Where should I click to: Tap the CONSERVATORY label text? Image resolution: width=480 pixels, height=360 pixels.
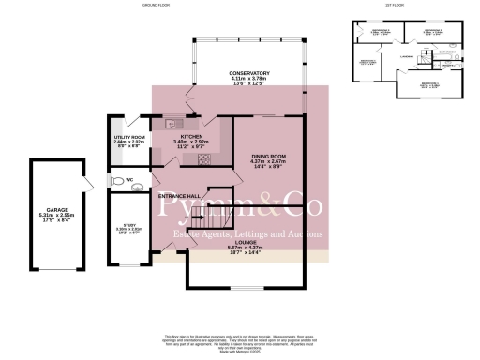click(249, 72)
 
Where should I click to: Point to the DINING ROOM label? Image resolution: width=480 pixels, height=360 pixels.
click(267, 157)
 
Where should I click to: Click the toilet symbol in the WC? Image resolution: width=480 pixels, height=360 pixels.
click(116, 180)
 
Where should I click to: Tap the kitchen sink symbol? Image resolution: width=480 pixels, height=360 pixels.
click(172, 123)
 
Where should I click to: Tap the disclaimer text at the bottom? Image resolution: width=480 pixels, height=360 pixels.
click(240, 335)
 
